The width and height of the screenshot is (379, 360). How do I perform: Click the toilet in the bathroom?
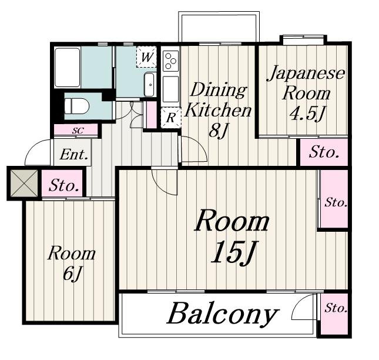tap(77, 106)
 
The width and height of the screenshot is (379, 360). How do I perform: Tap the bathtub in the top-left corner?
tap(67, 68)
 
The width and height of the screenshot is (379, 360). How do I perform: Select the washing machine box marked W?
tap(146, 57)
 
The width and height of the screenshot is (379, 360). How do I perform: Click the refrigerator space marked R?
tap(171, 118)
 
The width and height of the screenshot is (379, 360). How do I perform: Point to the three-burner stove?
tap(170, 61)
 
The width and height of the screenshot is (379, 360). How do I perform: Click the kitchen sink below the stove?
tap(170, 89)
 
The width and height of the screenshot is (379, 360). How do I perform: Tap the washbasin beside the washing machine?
tap(149, 85)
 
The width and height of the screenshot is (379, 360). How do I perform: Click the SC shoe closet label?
tap(78, 131)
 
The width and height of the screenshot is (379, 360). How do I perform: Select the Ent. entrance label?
tap(73, 155)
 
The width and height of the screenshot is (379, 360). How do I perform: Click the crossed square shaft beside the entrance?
tap(24, 183)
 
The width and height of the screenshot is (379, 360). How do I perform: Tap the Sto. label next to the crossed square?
tap(64, 185)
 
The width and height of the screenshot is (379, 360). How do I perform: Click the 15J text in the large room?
tap(234, 252)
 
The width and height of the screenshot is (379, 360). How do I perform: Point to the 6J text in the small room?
tap(72, 274)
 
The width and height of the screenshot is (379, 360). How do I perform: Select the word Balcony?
tap(222, 314)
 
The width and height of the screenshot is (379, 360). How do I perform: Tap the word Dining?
tap(219, 90)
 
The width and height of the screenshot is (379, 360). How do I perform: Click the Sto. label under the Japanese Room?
tap(324, 152)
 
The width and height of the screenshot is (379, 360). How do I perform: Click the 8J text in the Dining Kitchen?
tap(219, 131)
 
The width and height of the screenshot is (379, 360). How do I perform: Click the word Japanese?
tap(306, 74)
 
